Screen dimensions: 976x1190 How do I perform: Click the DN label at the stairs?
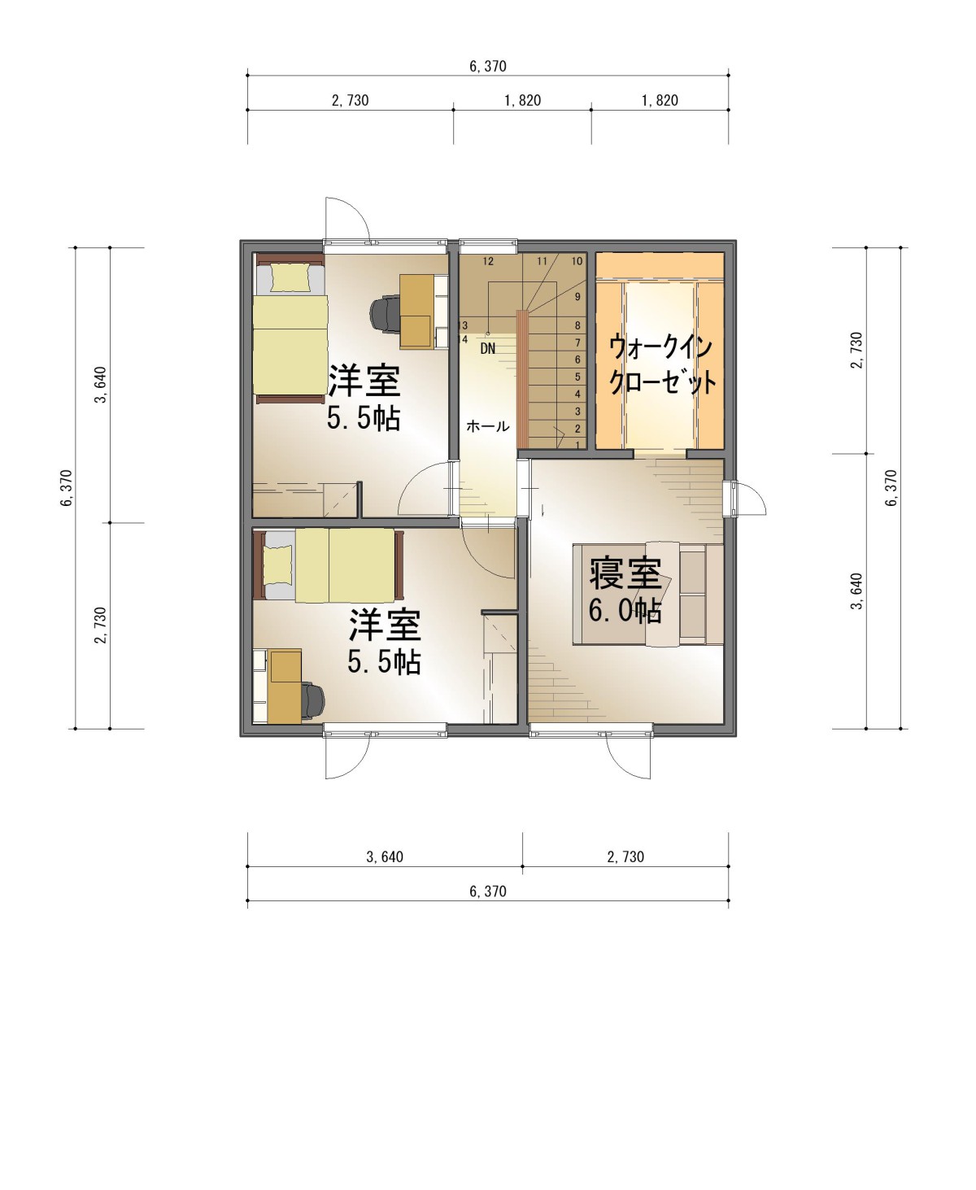(487, 348)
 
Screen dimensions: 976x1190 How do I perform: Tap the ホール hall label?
(487, 426)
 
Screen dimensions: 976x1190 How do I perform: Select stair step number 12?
(488, 261)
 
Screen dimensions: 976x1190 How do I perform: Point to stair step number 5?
(577, 377)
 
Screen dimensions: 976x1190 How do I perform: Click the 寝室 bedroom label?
(625, 573)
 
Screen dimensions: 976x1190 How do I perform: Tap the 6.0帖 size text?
(625, 611)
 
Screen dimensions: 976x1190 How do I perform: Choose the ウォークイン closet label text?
(660, 347)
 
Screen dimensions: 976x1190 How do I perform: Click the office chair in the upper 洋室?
(385, 314)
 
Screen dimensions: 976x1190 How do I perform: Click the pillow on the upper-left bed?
(290, 277)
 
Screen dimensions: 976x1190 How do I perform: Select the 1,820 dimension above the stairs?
(522, 100)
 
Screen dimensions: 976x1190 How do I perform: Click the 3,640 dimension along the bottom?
(385, 857)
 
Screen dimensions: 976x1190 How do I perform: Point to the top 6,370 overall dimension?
(488, 66)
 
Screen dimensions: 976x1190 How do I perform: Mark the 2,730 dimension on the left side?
(101, 626)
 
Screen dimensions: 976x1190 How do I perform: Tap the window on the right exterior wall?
(730, 499)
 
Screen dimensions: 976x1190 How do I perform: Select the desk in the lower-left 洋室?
(284, 687)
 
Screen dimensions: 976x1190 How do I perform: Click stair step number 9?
(577, 296)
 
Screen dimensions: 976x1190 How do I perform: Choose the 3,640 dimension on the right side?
(857, 591)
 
